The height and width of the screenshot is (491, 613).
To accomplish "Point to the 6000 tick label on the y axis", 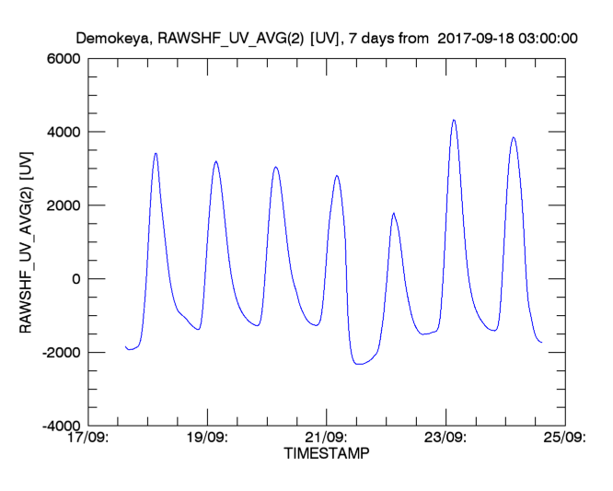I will tap(64, 58).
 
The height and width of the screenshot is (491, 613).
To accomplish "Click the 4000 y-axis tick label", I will tap(64, 132).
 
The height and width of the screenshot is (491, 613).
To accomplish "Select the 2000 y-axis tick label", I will tap(64, 205).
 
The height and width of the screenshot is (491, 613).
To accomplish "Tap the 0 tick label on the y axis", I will tap(77, 279).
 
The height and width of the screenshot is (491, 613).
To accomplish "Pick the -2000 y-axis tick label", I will tap(61, 353).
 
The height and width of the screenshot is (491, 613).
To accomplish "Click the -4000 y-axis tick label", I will tap(61, 427).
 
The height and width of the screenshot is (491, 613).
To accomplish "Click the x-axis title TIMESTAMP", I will tap(327, 454).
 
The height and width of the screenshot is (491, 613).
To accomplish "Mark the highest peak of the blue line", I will tap(454, 120).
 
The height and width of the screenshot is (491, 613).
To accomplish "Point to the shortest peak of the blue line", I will tap(394, 214).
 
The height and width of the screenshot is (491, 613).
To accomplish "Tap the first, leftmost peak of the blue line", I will tap(156, 153).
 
